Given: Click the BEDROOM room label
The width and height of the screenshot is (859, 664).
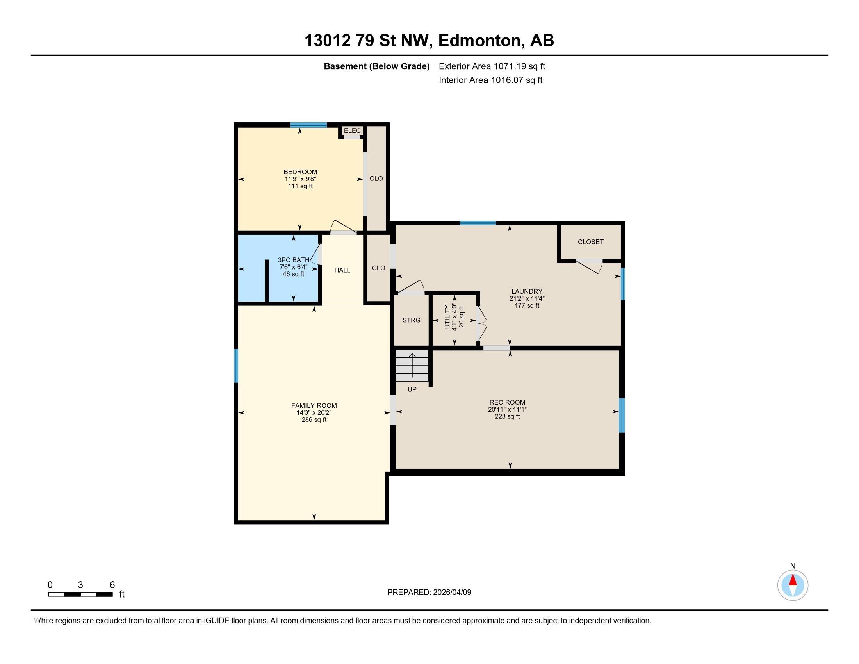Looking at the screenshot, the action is (300, 172).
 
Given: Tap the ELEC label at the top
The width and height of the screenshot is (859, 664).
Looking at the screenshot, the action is (352, 130).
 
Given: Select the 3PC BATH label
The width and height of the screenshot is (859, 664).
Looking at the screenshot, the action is (293, 260).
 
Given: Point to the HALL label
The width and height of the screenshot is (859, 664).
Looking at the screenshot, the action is (342, 270).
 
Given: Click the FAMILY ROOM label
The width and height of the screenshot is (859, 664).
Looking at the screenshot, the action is (314, 405).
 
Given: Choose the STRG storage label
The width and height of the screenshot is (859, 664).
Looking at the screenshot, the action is (412, 320).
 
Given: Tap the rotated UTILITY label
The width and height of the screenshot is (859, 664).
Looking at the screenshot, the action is (447, 317).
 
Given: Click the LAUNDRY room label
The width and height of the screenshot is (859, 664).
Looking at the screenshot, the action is (527, 291).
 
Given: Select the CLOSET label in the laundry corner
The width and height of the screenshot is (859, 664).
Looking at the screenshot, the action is (590, 242).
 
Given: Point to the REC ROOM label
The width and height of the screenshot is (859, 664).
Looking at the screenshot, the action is (507, 402).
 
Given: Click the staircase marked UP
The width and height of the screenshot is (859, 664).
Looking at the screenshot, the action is (412, 366).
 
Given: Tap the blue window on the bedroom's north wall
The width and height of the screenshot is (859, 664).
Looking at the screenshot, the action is (309, 125).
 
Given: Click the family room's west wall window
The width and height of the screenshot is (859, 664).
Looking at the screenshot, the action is (236, 366).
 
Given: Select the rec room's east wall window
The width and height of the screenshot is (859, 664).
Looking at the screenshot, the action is (622, 416).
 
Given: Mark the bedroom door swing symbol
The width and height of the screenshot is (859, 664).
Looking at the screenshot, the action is (343, 227).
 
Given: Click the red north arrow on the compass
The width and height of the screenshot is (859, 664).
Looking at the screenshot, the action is (793, 580).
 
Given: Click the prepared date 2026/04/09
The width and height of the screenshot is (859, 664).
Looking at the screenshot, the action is (451, 593).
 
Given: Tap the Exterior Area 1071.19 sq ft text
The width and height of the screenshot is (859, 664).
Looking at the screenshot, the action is (492, 66).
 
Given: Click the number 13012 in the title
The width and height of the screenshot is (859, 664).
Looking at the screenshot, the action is (328, 41).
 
